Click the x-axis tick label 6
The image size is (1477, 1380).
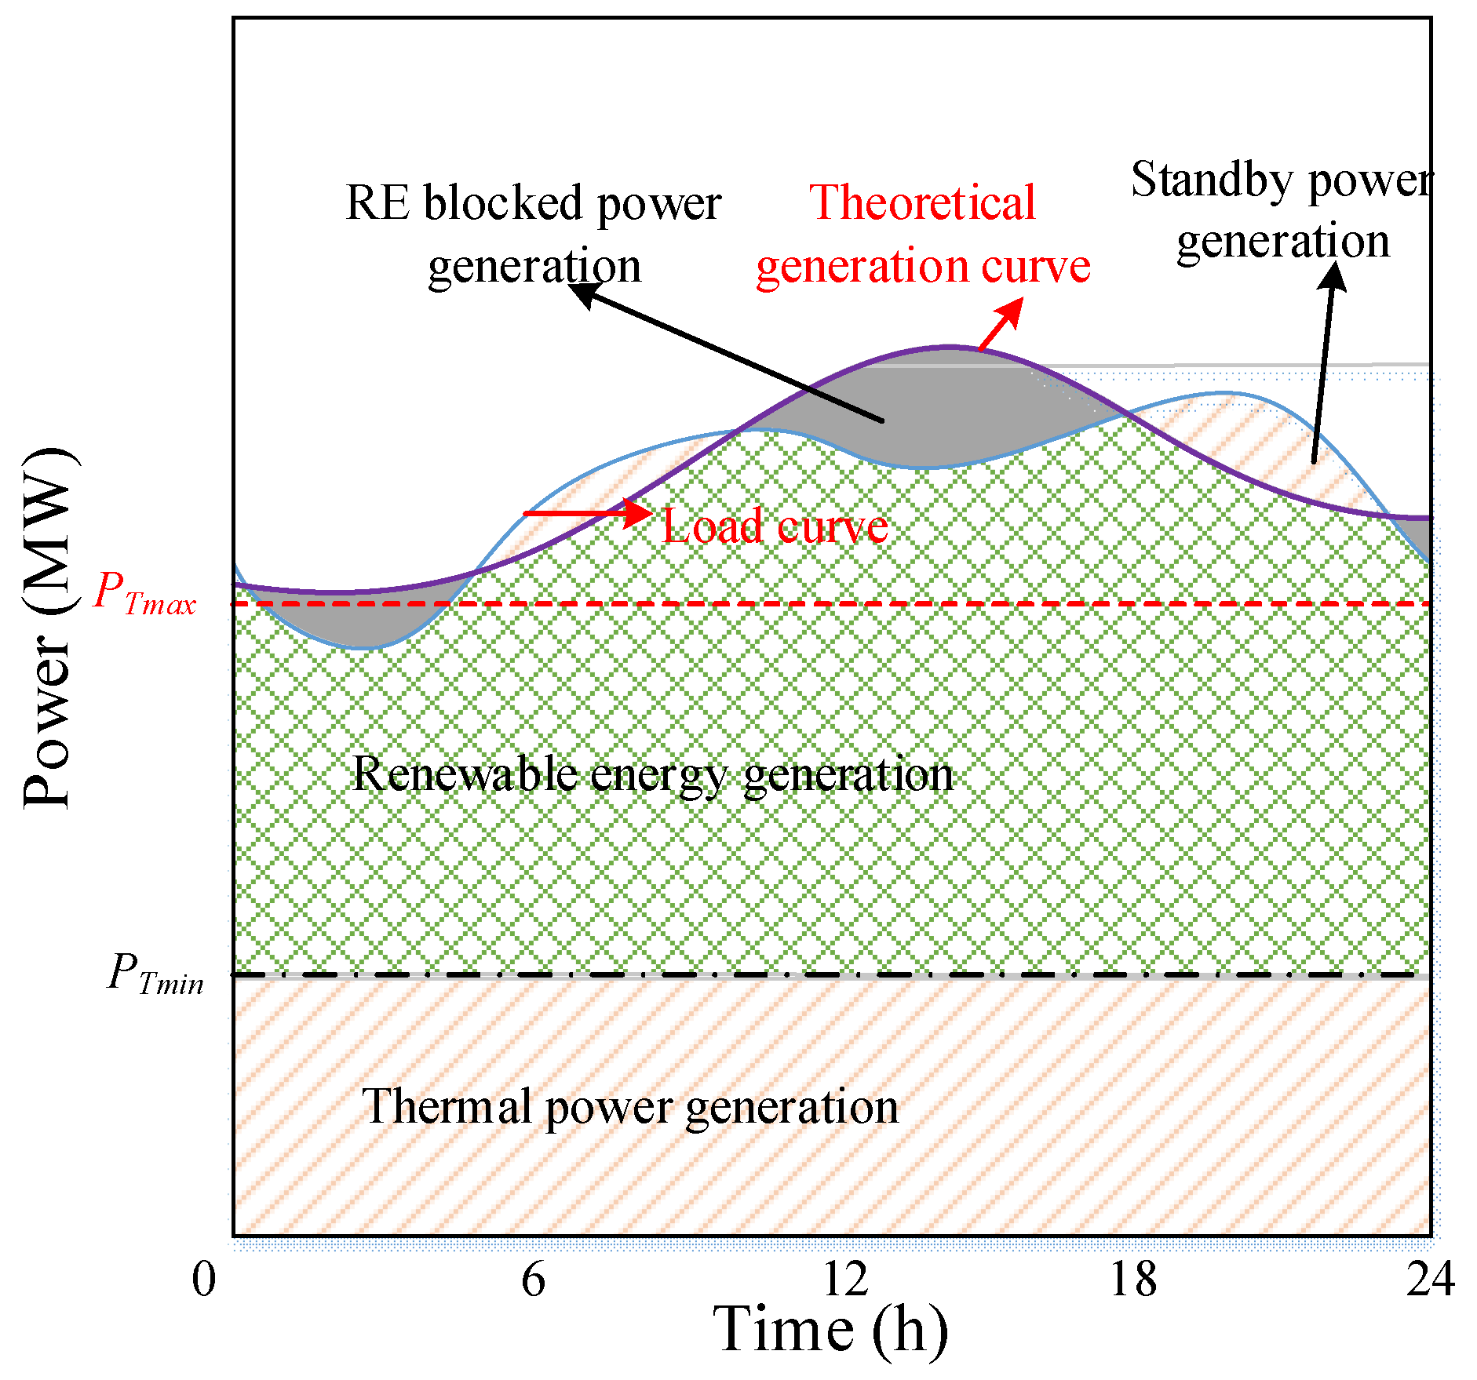(x=533, y=1280)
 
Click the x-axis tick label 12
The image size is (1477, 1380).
(x=845, y=1280)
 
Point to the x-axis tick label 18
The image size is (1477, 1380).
(x=1132, y=1280)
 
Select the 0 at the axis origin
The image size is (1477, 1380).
(x=203, y=1280)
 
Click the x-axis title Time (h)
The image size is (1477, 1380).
(x=830, y=1331)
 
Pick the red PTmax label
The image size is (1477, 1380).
(x=144, y=593)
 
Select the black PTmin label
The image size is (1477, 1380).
(x=155, y=974)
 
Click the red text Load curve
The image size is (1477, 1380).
(x=775, y=526)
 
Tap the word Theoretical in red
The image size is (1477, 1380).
(x=922, y=203)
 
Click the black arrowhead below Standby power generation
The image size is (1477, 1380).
(x=1333, y=277)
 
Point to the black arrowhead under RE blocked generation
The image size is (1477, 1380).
(x=582, y=295)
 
